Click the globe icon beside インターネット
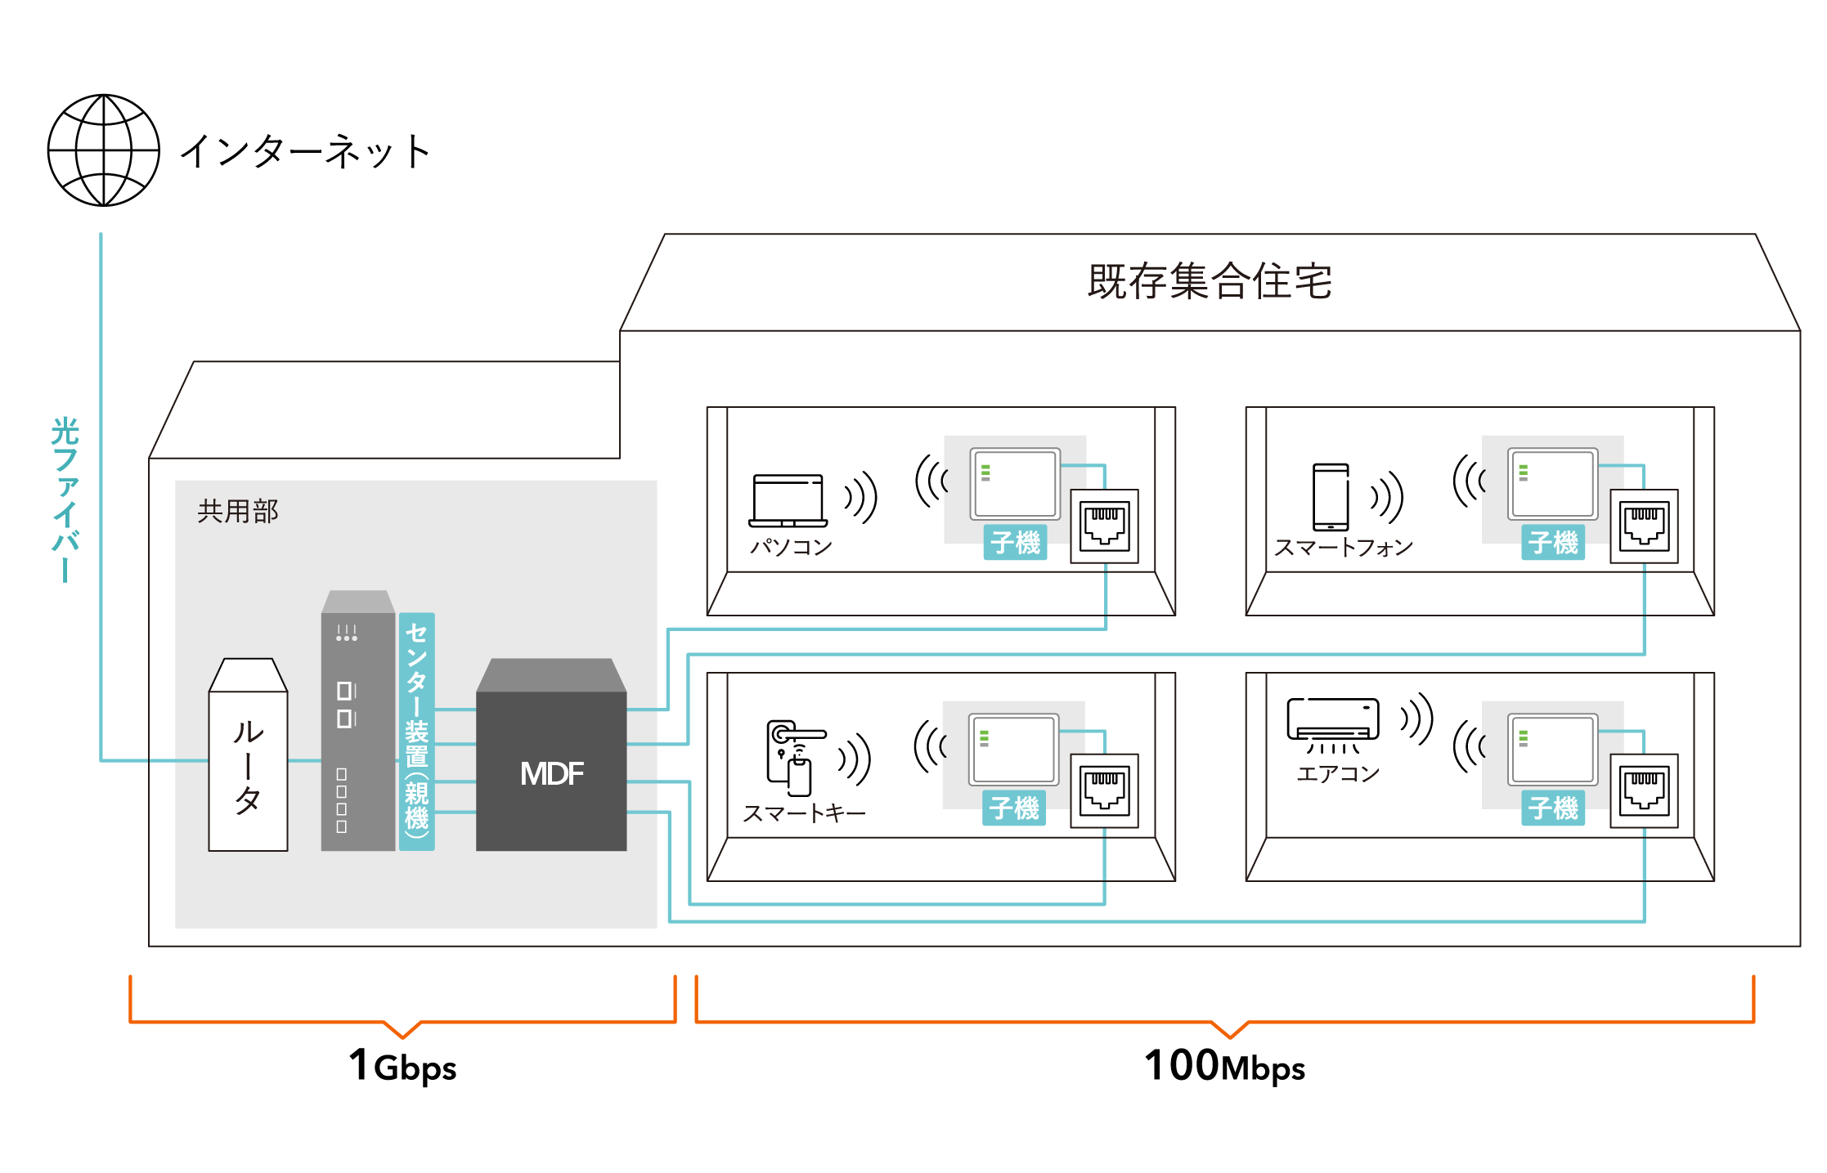tap(104, 150)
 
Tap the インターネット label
tap(305, 152)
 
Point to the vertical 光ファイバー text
tap(65, 499)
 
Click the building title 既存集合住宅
tap(1210, 282)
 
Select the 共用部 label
tap(238, 512)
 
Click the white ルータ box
tap(248, 755)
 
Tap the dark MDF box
tap(551, 755)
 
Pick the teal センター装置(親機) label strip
tap(417, 732)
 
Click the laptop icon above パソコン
tap(788, 500)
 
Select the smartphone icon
tap(1331, 497)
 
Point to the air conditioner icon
tap(1333, 724)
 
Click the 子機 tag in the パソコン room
tap(1015, 543)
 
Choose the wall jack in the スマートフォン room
tap(1644, 526)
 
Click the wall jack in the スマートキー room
tap(1105, 790)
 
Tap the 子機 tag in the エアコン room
tap(1553, 808)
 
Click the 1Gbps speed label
tap(402, 1067)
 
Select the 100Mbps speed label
tap(1224, 1067)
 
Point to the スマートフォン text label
tap(1344, 548)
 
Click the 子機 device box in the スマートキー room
tap(1014, 749)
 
